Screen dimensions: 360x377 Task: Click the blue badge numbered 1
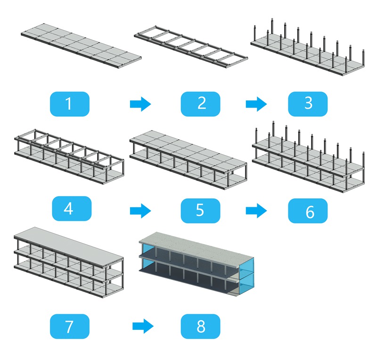coord(69,104)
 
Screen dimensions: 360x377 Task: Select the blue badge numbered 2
coord(201,104)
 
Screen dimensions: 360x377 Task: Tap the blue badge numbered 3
coord(308,104)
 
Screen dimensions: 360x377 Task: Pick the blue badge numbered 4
coord(69,209)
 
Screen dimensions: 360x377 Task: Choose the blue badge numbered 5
coord(201,210)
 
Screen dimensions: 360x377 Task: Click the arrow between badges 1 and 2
coord(140,104)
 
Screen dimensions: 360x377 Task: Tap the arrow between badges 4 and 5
coord(140,210)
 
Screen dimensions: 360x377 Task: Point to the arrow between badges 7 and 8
coord(143,326)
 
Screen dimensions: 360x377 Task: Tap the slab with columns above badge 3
coord(308,52)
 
